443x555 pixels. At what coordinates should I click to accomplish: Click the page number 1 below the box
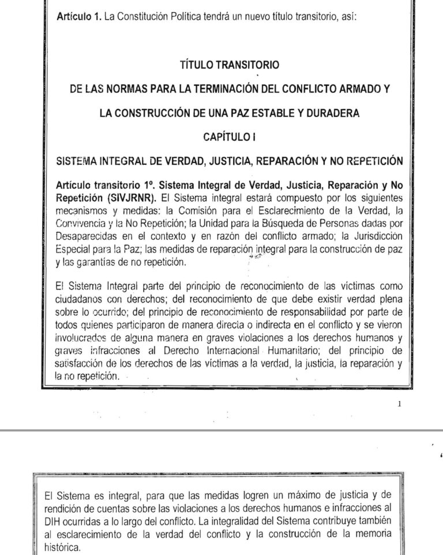[400, 405]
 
